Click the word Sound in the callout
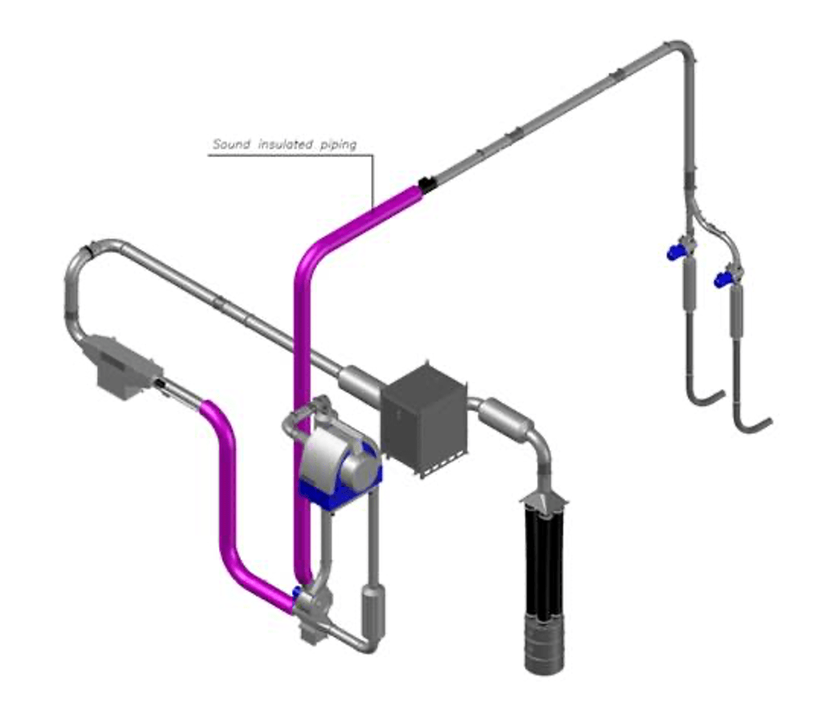(231, 144)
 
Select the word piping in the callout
(339, 144)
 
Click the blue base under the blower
(339, 489)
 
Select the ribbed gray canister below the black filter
(544, 644)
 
